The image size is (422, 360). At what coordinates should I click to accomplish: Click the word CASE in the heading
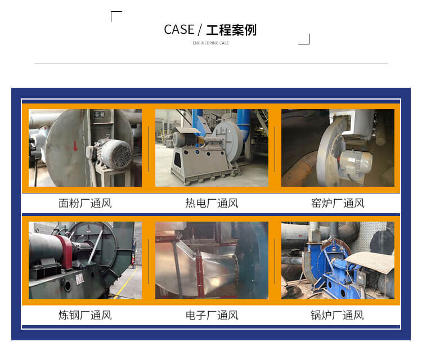pos(179,30)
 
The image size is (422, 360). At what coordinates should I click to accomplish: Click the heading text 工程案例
pos(231,30)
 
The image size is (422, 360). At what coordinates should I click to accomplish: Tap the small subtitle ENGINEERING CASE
pos(211,43)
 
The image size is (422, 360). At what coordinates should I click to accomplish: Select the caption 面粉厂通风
pos(85,203)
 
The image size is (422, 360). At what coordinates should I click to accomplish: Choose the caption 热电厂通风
pos(212,203)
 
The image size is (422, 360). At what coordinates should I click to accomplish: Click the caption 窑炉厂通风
pos(338,203)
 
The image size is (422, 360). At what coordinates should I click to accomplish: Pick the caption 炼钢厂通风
pos(85,316)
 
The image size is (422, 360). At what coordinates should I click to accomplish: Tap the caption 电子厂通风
pos(212,316)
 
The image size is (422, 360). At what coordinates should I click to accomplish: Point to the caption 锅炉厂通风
pos(337,316)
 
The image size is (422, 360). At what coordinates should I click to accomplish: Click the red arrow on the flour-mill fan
pos(75,146)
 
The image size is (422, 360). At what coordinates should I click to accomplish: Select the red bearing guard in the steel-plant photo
pos(65,252)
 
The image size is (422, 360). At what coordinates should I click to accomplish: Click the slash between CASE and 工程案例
pos(200,30)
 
